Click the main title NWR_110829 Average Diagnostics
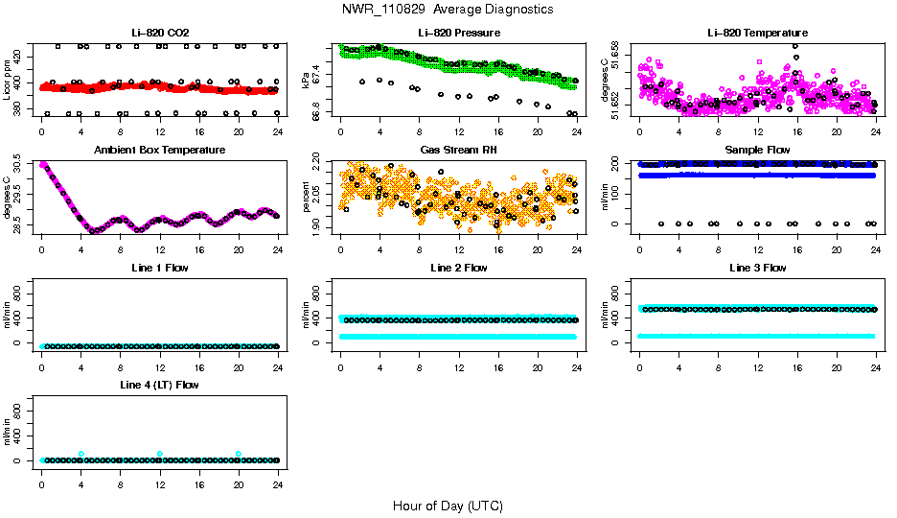coord(448,10)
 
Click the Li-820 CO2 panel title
coord(159,34)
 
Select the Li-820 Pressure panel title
coord(458,34)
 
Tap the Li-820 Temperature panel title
coord(757,34)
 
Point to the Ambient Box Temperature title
coord(159,151)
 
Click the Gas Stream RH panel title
coord(458,151)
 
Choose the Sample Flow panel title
coord(757,151)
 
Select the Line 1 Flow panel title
coord(159,268)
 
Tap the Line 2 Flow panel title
coord(458,268)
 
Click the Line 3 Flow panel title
coord(757,268)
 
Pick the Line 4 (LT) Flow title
coord(159,385)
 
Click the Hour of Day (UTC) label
coord(448,506)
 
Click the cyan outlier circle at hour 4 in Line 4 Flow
coord(81,454)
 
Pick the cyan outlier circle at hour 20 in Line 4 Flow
coord(239,454)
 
